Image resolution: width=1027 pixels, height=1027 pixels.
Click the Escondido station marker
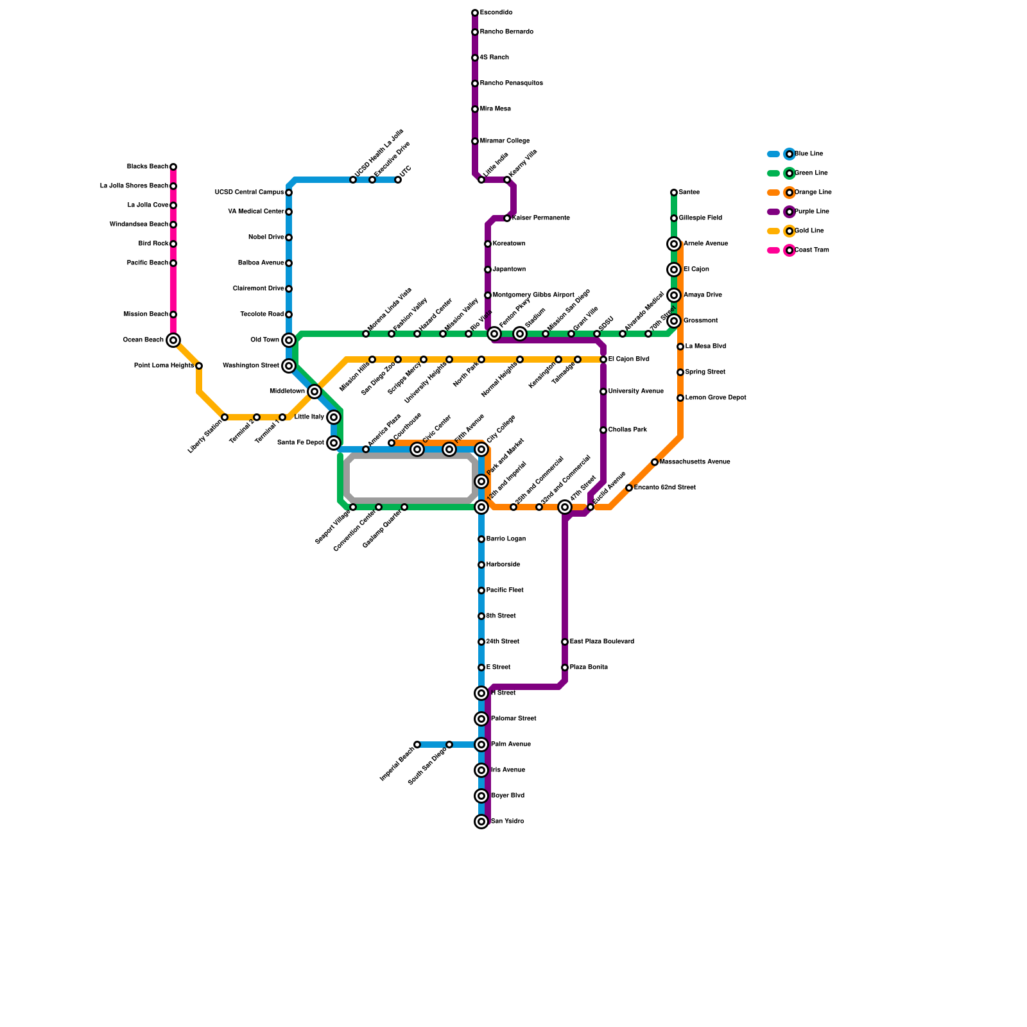[475, 13]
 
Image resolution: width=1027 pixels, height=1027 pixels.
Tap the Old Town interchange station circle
[289, 340]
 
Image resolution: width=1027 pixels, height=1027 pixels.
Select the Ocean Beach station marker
[173, 340]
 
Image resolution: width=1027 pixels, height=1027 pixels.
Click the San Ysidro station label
[507, 822]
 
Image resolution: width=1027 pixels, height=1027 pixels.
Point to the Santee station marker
[674, 193]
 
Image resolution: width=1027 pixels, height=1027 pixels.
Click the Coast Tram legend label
[812, 250]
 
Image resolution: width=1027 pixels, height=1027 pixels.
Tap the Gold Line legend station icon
[790, 231]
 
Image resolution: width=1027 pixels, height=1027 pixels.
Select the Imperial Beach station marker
[417, 745]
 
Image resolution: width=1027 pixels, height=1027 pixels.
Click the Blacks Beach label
[147, 167]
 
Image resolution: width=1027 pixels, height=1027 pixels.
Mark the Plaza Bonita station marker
[565, 668]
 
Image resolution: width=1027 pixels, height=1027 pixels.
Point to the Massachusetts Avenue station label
[695, 462]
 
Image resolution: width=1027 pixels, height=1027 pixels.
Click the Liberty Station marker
[225, 417]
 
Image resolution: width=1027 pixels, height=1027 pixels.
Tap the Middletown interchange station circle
[315, 392]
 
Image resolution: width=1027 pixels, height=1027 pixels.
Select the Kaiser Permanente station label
[540, 218]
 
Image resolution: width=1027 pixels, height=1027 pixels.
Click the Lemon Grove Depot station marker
[680, 398]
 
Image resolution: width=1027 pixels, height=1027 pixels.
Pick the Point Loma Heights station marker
[199, 366]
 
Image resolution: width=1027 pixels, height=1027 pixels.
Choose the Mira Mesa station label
[495, 109]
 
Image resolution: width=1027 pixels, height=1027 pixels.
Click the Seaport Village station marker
[353, 507]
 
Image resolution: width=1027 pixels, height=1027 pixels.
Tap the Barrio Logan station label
[506, 539]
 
